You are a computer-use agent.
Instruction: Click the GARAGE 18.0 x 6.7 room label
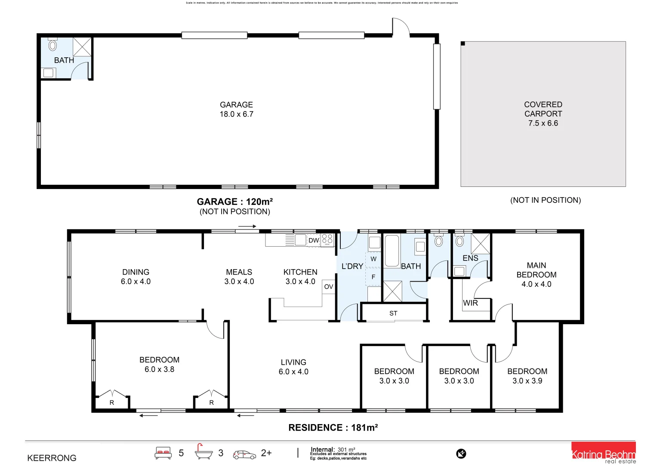point(236,109)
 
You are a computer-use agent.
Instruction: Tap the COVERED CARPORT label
point(543,114)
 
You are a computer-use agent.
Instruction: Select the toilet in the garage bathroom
point(52,45)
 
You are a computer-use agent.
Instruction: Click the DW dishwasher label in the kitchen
point(314,240)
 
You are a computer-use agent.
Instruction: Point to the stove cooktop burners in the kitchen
point(327,240)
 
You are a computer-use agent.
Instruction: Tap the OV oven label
point(329,287)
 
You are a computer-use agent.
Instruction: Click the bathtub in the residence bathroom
point(392,251)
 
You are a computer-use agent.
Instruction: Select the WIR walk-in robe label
point(470,303)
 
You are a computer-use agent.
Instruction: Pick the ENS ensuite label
point(470,258)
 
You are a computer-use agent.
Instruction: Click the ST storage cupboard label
point(393,313)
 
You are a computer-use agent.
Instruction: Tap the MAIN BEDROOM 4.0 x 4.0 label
point(536,275)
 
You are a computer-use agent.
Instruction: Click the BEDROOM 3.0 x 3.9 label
point(527,376)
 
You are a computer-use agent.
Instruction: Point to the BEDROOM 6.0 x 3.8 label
point(159,364)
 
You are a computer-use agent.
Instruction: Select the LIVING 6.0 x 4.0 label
point(293,367)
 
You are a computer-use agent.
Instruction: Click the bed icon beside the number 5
point(163,453)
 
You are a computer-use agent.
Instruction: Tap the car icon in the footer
point(244,454)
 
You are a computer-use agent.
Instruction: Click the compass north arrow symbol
point(461,453)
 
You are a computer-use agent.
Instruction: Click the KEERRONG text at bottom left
point(52,458)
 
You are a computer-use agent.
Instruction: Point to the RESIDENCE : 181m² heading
point(333,428)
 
